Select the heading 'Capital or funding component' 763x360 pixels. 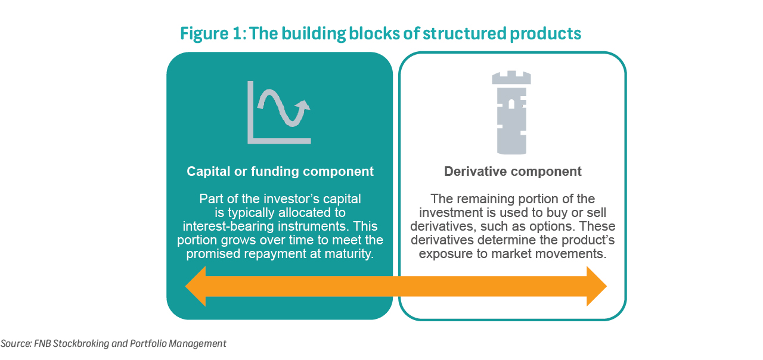[280, 172]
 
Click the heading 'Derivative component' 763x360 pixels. [513, 172]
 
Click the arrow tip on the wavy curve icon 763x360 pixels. [305, 105]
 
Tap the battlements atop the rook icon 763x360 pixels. [511, 77]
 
